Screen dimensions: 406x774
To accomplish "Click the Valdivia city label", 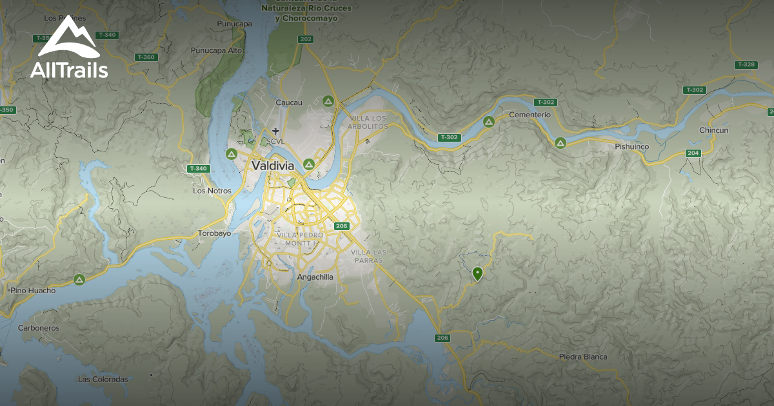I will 273,166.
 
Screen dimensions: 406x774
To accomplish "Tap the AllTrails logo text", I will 69,70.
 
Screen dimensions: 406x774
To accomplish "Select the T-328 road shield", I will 745,64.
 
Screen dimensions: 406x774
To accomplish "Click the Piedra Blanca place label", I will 582,356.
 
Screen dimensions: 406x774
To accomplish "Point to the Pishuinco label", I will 631,147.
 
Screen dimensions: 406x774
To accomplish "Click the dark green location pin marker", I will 477,274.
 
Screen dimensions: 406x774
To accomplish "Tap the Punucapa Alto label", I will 216,50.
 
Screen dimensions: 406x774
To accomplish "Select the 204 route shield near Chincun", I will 693,153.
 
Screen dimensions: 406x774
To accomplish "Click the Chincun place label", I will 713,130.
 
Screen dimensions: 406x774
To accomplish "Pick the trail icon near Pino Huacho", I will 79,280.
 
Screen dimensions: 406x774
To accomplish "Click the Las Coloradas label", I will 103,380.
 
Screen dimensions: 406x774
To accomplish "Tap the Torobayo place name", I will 214,233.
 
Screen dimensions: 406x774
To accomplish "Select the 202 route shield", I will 306,39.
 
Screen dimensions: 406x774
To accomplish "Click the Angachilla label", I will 315,277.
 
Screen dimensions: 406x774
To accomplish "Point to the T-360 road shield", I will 146,57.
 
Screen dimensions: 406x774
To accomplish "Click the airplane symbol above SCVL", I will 276,131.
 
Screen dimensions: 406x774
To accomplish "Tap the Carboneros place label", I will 39,328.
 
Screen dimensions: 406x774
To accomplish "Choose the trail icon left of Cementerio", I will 489,121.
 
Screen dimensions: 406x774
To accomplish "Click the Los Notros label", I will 208,191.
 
